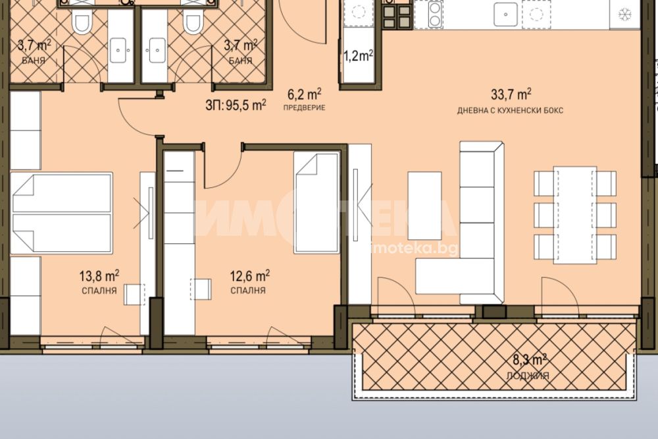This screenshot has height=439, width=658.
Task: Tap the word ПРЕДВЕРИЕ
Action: [x=304, y=107]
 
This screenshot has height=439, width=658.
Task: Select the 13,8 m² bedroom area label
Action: [x=99, y=276]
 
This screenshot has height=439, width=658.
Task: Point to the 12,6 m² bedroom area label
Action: [x=249, y=276]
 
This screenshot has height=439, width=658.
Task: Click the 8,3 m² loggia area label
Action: [x=530, y=360]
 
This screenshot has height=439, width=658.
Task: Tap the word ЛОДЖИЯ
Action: [x=528, y=376]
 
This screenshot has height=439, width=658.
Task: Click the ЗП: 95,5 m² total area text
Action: [x=236, y=105]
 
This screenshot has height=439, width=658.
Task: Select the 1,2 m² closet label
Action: [x=359, y=55]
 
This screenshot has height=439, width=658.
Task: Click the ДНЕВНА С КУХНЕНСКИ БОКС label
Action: [x=511, y=111]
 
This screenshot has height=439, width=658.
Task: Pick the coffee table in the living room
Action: [x=424, y=206]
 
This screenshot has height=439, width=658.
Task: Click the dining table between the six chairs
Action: [x=575, y=215]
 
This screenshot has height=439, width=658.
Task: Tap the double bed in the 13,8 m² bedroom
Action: [x=61, y=213]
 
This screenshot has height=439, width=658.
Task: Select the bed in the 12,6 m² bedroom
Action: [x=316, y=202]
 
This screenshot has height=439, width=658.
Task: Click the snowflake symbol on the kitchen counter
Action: [x=625, y=15]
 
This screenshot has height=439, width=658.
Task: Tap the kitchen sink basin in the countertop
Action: [x=505, y=15]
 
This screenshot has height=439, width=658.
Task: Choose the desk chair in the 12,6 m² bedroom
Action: [x=200, y=289]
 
